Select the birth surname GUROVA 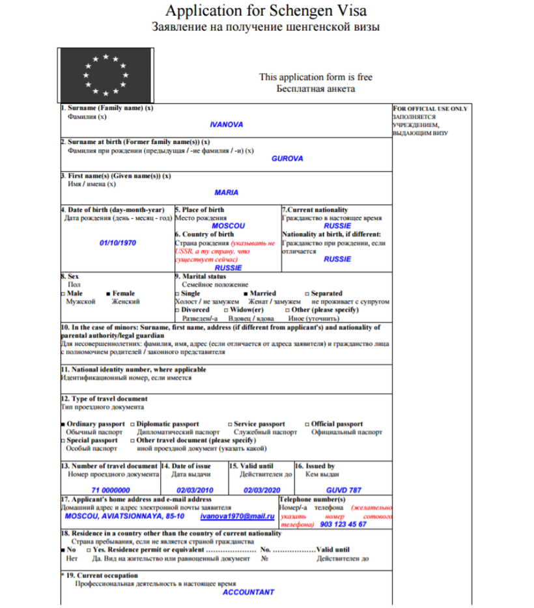tap(287, 158)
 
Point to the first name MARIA tap(226, 193)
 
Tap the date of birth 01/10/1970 tap(118, 242)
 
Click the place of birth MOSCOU tap(228, 225)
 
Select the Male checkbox tap(62, 294)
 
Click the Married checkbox tap(247, 294)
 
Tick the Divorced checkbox tap(178, 311)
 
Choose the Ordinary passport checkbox tap(63, 424)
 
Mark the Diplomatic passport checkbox tap(133, 424)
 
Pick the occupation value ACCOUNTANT tap(248, 592)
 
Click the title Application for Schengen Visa tap(266, 11)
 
